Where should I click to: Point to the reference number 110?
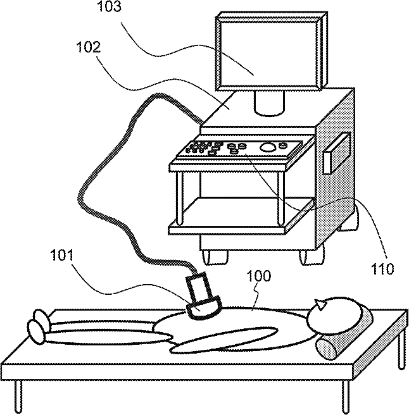(x=382, y=268)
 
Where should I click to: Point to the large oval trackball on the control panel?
(x=268, y=147)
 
